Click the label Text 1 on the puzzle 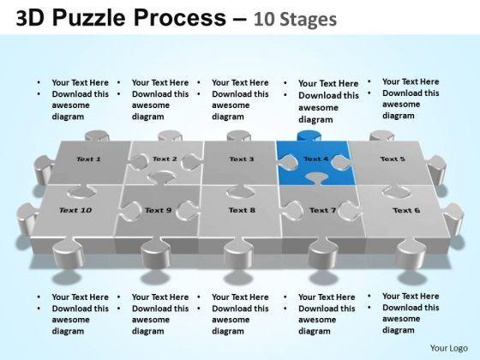click(88, 159)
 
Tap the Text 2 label click(165, 159)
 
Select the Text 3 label click(242, 159)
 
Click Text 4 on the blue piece click(316, 159)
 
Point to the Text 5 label click(393, 159)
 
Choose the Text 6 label click(406, 210)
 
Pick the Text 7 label click(322, 210)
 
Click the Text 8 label click(242, 210)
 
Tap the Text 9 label click(158, 210)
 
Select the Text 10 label click(75, 210)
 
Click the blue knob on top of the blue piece click(309, 135)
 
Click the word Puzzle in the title click(89, 18)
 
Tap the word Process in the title click(180, 18)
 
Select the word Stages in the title click(309, 19)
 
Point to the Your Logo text click(449, 348)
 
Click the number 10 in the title click(264, 19)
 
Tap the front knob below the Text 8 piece click(238, 253)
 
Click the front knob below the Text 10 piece click(68, 253)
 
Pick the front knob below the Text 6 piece click(411, 253)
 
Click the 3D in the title click(30, 18)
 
